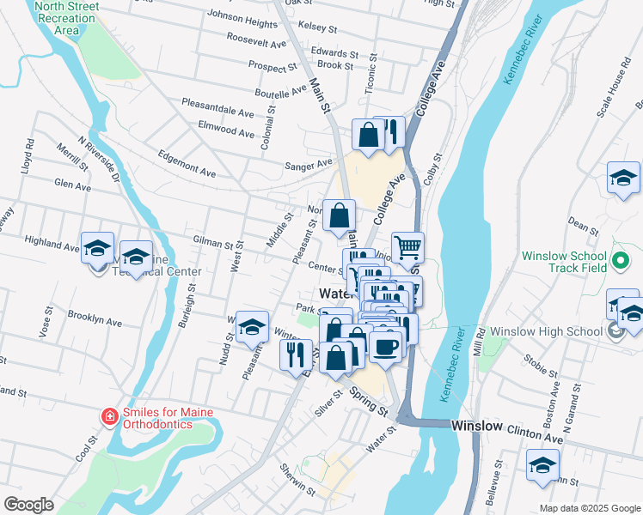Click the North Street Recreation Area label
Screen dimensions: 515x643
(66, 18)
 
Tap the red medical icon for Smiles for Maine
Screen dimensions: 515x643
(109, 418)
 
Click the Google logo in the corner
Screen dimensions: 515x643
(29, 505)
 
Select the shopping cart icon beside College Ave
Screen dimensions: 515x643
(407, 247)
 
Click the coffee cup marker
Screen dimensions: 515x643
(387, 347)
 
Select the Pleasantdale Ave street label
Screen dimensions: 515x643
(217, 107)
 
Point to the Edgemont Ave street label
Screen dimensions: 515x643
(187, 165)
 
